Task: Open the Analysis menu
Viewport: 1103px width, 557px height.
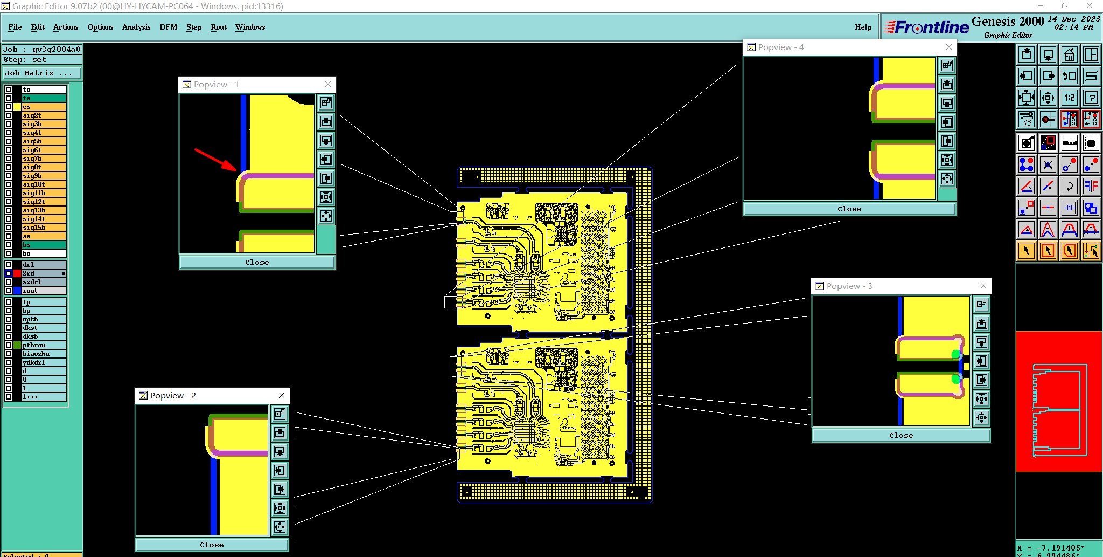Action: pyautogui.click(x=136, y=27)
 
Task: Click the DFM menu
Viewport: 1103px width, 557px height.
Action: pyautogui.click(x=168, y=27)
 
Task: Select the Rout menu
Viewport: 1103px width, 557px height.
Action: pyautogui.click(x=218, y=27)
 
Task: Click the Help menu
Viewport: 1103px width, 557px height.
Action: pyautogui.click(x=863, y=27)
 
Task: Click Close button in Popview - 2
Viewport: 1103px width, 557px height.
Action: pyautogui.click(x=212, y=545)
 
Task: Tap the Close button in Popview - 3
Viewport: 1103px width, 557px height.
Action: pyautogui.click(x=900, y=435)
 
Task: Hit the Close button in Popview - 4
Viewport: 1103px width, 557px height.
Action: pyautogui.click(x=849, y=209)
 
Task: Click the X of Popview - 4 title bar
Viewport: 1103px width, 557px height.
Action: pyautogui.click(x=949, y=47)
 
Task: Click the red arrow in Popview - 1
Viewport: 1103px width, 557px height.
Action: pyautogui.click(x=215, y=159)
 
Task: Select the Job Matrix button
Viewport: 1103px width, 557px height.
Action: pyautogui.click(x=42, y=73)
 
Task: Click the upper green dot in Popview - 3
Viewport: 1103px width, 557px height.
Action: pyautogui.click(x=955, y=354)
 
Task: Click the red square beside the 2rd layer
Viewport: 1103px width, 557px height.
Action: pyautogui.click(x=17, y=273)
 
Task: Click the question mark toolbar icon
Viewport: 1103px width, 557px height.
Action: pyautogui.click(x=1091, y=98)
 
